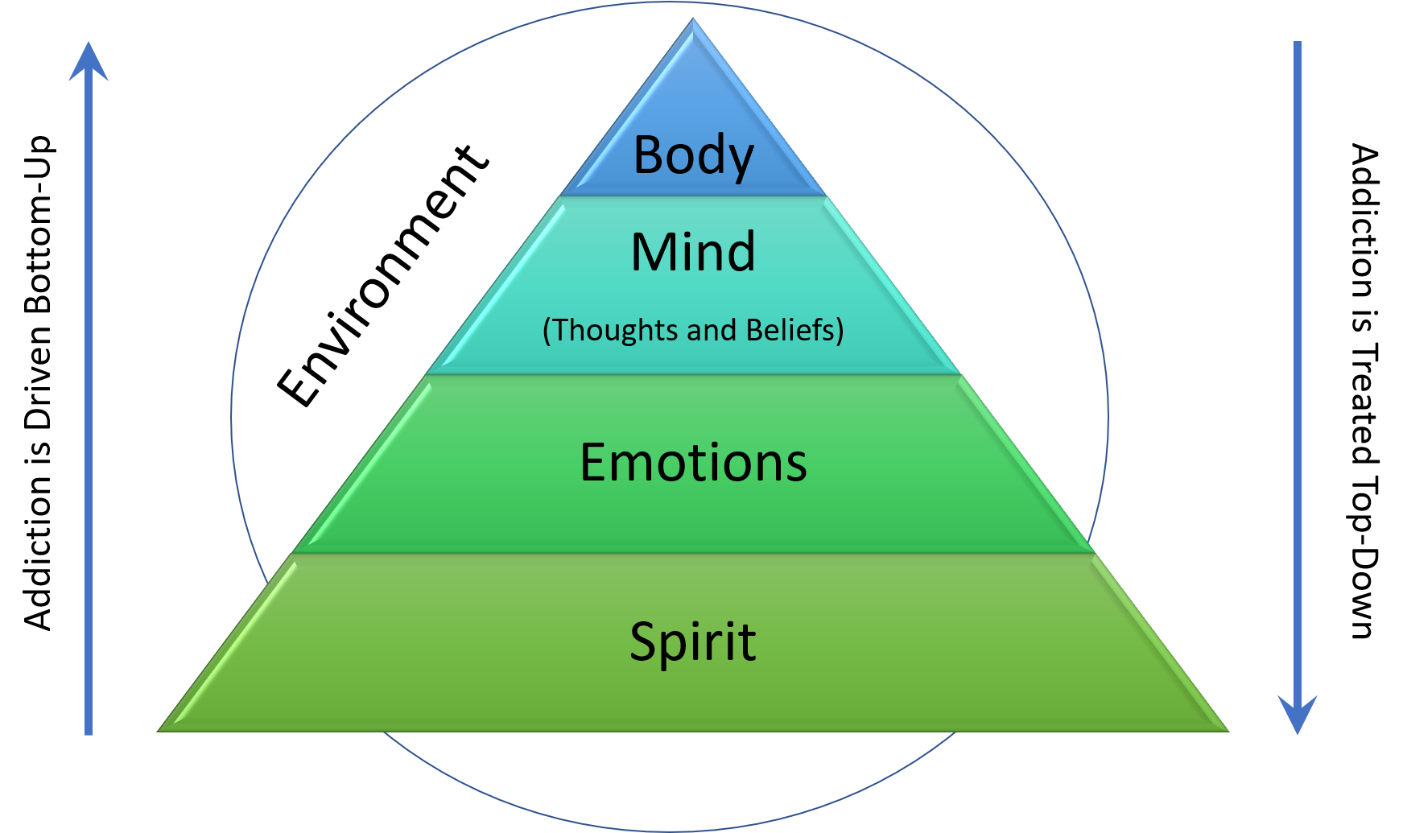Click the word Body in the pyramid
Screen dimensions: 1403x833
693,155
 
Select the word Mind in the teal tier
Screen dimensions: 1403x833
693,252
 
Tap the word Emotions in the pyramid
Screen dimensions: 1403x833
693,463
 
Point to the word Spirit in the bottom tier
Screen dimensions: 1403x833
693,642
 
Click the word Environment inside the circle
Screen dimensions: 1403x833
383,276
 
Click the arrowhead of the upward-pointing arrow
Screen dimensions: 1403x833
89,61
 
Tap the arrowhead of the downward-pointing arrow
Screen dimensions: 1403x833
1298,715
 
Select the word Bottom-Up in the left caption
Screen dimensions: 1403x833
38,225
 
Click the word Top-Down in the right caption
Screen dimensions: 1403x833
1364,558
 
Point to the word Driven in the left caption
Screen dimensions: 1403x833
38,377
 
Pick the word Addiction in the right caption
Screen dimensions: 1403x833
1364,221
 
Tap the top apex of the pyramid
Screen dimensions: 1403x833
693,19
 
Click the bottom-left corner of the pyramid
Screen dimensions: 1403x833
158,731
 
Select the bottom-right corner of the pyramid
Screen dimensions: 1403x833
1228,731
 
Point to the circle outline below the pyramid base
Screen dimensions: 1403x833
670,831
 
